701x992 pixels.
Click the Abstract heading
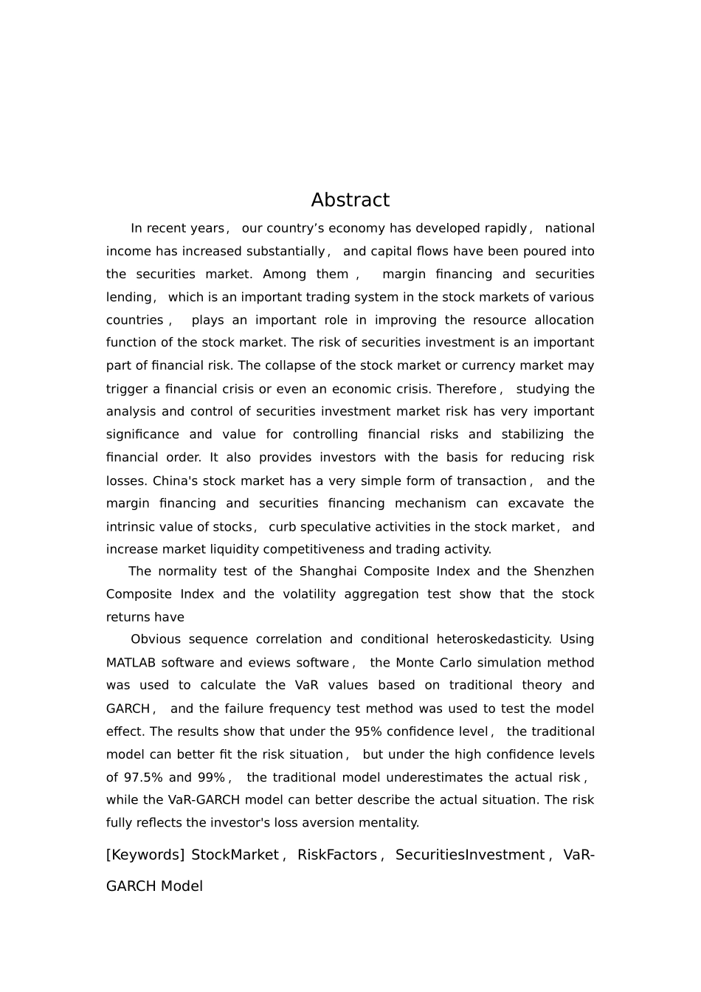350,200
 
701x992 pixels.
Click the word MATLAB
131,663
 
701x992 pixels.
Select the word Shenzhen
563,571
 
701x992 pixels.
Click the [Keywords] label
145,855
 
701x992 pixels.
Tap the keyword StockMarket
235,855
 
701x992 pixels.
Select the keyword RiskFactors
337,855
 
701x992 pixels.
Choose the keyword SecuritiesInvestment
469,855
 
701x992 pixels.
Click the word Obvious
155,639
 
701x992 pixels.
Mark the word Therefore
466,389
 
